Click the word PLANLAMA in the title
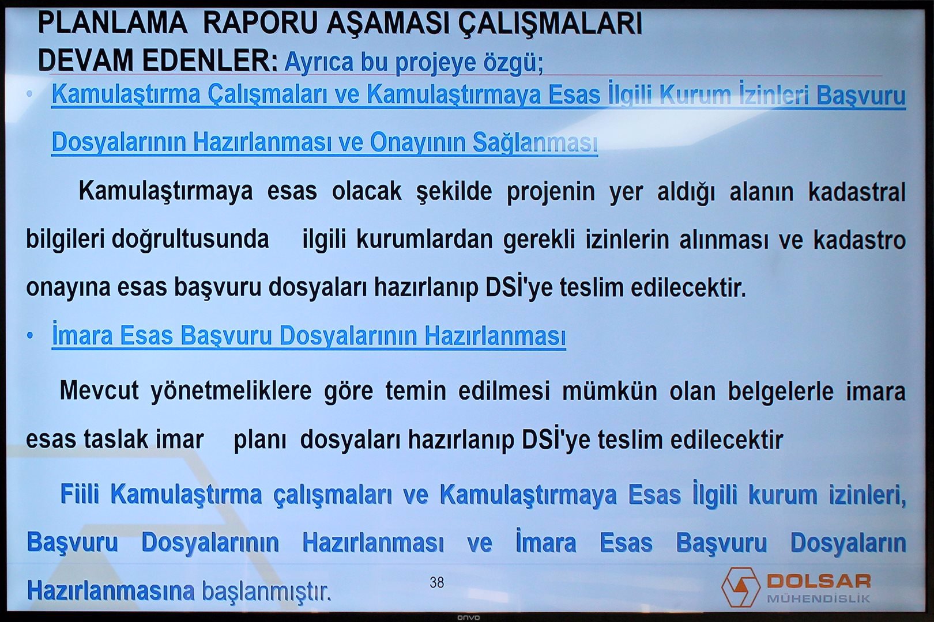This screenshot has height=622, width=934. pyautogui.click(x=112, y=24)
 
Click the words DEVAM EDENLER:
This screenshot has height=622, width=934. pyautogui.click(x=157, y=60)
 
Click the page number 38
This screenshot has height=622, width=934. pyautogui.click(x=436, y=582)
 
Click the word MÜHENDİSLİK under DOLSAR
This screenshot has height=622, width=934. pyautogui.click(x=819, y=598)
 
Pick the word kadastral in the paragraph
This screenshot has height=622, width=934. pyautogui.click(x=857, y=192)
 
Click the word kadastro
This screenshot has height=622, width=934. pyautogui.click(x=860, y=240)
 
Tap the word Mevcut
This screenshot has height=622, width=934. pyautogui.click(x=99, y=390)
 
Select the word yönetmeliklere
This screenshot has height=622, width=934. pyautogui.click(x=231, y=392)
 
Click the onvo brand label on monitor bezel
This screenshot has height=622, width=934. pyautogui.click(x=469, y=617)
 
